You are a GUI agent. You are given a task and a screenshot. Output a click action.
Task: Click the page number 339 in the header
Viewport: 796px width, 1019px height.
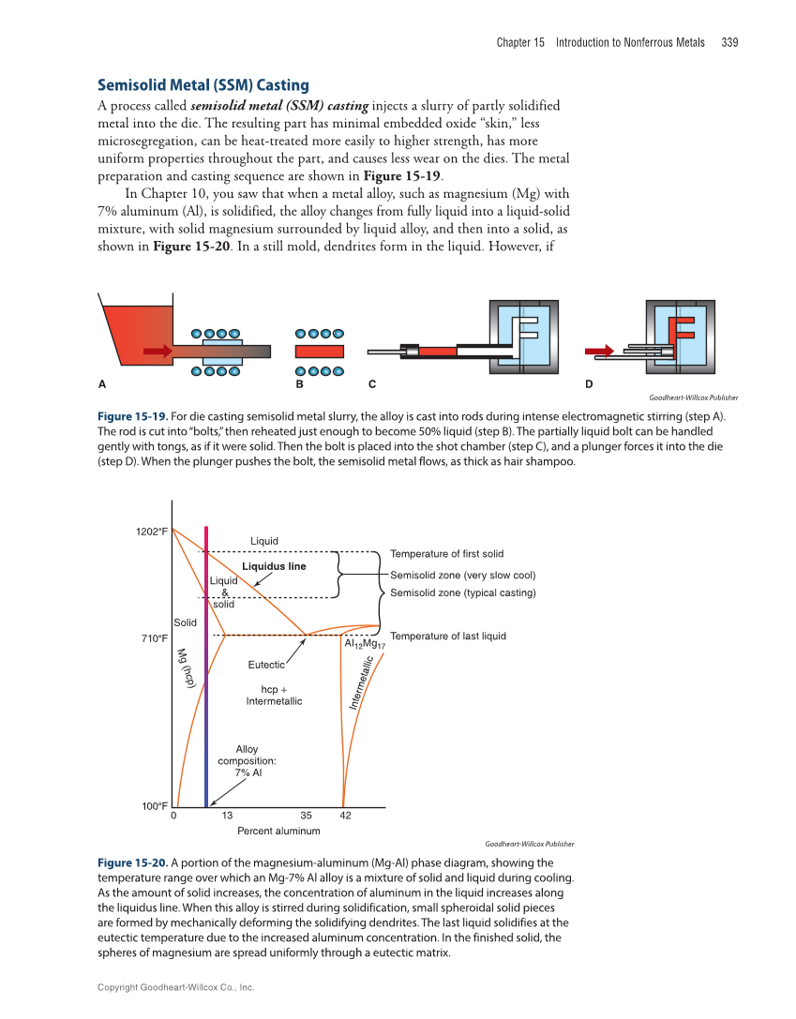pos(729,42)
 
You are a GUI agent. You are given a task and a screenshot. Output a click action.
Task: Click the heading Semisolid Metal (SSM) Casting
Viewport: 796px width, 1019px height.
pos(203,85)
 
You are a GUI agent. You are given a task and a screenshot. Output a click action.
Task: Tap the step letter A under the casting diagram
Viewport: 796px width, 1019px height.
pos(101,383)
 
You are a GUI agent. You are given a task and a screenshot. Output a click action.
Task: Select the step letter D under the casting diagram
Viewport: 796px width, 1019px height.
pos(589,383)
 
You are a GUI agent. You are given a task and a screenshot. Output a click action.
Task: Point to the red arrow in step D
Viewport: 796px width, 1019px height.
pos(598,352)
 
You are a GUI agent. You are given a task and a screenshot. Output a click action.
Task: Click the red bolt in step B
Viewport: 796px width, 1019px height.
pos(320,352)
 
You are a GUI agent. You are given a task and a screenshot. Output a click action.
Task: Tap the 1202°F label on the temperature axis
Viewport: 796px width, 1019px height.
pos(152,532)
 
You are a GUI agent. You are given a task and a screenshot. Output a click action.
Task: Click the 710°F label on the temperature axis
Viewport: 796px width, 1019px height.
pos(155,638)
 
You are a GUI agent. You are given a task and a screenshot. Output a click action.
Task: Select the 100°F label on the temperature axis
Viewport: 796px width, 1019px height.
pos(155,806)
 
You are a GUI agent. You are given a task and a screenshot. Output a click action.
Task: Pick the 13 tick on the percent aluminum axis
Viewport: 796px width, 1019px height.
pos(227,816)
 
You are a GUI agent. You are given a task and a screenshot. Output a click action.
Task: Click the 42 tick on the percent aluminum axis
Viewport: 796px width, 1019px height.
pos(345,816)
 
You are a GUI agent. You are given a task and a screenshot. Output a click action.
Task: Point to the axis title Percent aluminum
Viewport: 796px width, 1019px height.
pos(278,831)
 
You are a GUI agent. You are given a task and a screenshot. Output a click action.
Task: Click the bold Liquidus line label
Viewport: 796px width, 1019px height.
pos(274,566)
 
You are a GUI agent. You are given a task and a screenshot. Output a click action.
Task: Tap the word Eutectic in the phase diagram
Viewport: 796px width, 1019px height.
pos(266,665)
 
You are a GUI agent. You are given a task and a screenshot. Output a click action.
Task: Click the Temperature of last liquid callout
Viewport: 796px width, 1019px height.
pos(447,637)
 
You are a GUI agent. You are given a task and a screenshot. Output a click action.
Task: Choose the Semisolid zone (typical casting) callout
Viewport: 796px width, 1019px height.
pos(462,592)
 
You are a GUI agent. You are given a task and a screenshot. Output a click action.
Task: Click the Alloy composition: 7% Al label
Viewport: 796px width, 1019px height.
pos(247,761)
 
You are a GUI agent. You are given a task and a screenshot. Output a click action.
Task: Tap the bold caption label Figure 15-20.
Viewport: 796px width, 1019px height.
pos(132,862)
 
